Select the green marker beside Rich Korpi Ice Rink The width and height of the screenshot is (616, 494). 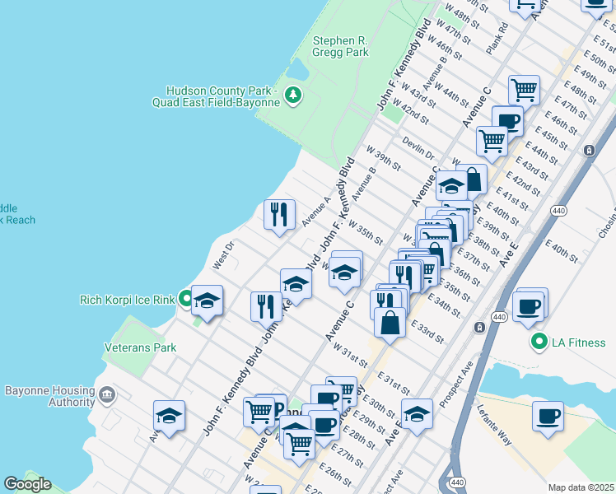tap(186, 299)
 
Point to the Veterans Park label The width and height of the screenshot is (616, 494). tap(140, 348)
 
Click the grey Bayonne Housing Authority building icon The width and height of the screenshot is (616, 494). tap(107, 396)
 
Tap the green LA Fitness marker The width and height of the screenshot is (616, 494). tap(539, 341)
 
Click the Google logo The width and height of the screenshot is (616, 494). tap(27, 484)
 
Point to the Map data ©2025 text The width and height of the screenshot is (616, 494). tap(580, 487)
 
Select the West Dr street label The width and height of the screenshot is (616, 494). tap(223, 253)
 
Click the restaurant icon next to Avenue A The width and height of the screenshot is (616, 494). tap(279, 214)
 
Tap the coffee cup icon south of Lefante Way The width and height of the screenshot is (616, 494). tap(547, 416)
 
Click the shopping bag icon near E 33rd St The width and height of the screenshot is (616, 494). tap(390, 321)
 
